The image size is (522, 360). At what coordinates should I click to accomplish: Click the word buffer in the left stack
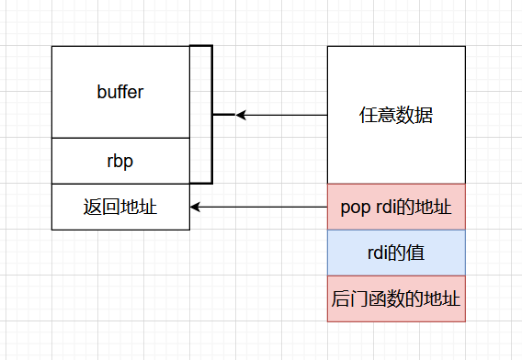[x=120, y=92]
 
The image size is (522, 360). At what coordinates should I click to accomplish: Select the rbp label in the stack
[x=120, y=161]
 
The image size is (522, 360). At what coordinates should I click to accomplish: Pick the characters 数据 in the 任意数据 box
[x=414, y=116]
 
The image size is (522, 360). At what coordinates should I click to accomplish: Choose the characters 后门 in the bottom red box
[x=347, y=298]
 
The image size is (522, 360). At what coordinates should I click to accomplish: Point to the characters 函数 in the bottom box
[x=382, y=298]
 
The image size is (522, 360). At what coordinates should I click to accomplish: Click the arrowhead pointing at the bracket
[x=241, y=115]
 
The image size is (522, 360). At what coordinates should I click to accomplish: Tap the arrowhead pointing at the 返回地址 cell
[x=196, y=207]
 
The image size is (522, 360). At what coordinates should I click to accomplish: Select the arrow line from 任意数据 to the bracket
[x=285, y=115]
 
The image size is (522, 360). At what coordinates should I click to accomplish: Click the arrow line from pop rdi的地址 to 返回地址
[x=262, y=207]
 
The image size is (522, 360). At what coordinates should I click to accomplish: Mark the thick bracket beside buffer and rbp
[x=210, y=115]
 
